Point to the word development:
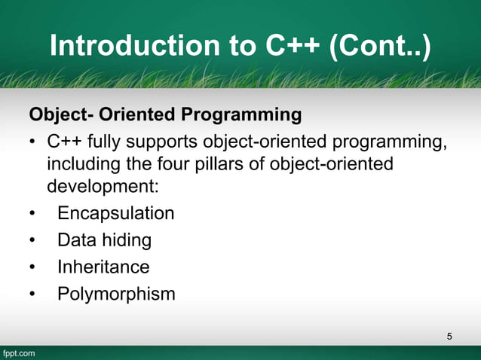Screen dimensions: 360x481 click(97, 186)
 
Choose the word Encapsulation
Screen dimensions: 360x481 click(115, 213)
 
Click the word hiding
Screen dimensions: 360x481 click(127, 240)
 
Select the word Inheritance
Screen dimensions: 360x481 click(103, 267)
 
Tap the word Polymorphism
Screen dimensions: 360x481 click(116, 293)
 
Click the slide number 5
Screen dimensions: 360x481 click(449, 335)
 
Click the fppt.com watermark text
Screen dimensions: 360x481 click(18, 352)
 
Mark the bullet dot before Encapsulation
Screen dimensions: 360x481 click(32, 214)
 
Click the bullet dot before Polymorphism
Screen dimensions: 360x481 click(32, 294)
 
